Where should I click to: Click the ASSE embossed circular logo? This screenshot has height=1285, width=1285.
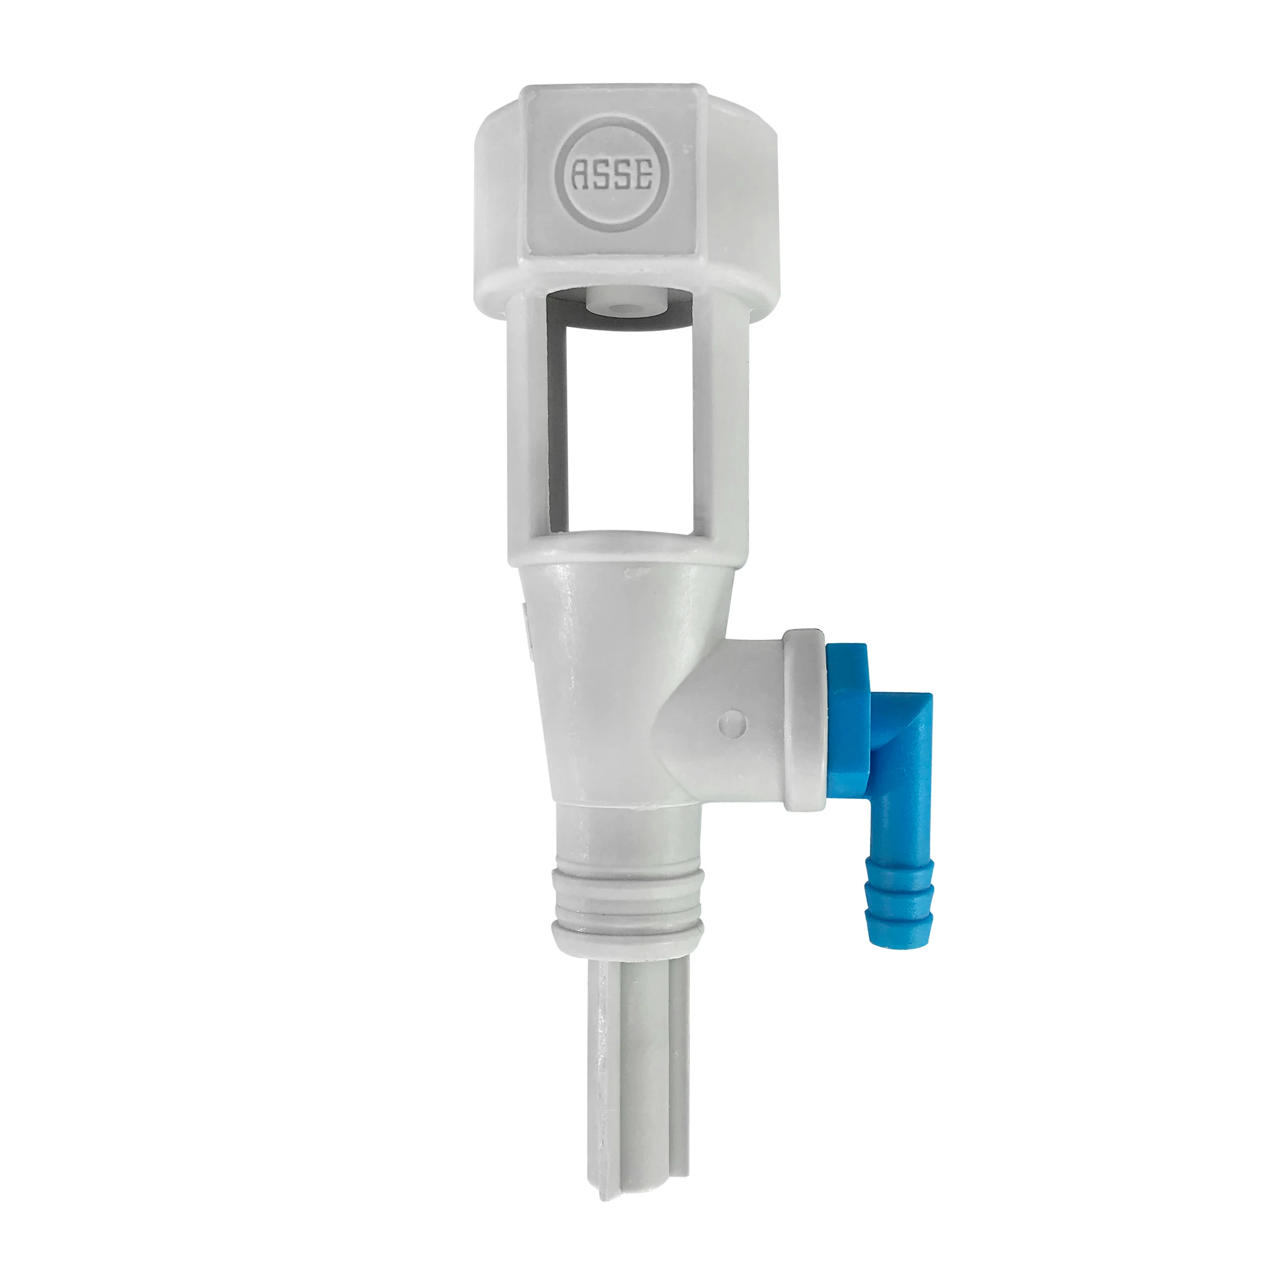tap(613, 176)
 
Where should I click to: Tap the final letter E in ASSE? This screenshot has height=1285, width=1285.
tap(644, 176)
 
